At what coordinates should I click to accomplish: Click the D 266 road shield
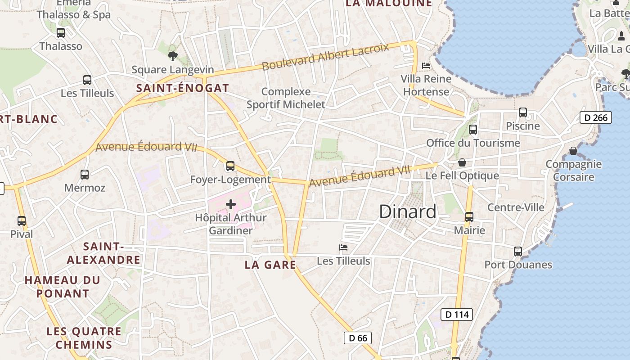click(x=596, y=118)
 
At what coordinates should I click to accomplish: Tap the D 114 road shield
click(x=456, y=315)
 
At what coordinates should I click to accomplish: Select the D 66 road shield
click(x=358, y=338)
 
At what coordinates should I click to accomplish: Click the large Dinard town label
click(x=408, y=211)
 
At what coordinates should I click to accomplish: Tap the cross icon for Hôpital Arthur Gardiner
click(x=231, y=204)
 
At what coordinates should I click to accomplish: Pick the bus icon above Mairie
click(x=469, y=216)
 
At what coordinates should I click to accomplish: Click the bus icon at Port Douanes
click(x=518, y=251)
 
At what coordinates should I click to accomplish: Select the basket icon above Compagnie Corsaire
click(x=573, y=150)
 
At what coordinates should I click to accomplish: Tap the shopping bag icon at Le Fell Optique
click(x=462, y=162)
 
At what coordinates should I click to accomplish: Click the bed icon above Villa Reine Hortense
click(x=426, y=66)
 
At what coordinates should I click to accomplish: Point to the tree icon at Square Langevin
click(x=172, y=56)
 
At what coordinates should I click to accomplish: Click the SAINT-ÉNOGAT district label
click(x=183, y=88)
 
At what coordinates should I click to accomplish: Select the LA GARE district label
click(x=270, y=265)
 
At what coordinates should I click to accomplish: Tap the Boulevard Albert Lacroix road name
click(x=325, y=57)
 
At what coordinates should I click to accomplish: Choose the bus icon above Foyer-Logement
click(x=230, y=166)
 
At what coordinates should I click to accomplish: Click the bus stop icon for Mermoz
click(x=85, y=174)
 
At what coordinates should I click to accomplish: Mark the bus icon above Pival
click(x=22, y=221)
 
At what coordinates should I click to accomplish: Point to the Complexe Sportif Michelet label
click(x=286, y=98)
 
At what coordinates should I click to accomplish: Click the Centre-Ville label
click(x=516, y=207)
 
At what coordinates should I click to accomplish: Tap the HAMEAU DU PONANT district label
click(x=63, y=287)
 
